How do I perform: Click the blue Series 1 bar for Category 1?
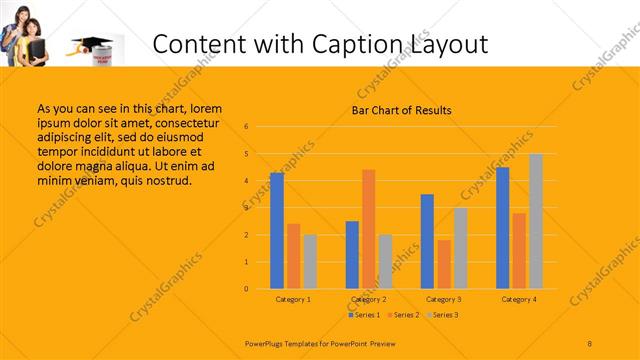tap(277, 231)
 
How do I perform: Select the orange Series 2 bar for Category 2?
tap(369, 229)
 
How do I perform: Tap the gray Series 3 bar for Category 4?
tap(536, 221)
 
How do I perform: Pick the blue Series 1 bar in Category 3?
tap(427, 241)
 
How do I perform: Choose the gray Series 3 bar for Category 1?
tap(310, 262)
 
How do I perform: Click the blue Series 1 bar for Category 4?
tap(502, 228)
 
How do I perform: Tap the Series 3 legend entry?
tap(442, 315)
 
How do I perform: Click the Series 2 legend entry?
tap(403, 315)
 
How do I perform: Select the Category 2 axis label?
tap(368, 299)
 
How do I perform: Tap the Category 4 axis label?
tap(518, 299)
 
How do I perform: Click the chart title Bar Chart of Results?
tap(401, 110)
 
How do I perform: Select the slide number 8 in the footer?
tap(590, 343)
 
